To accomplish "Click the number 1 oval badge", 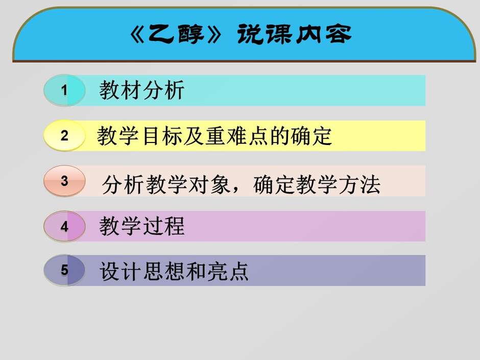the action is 64,90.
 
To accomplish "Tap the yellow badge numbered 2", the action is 64,135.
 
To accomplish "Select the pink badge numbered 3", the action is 64,181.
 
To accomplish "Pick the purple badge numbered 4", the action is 64,226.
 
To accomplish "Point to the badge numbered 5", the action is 64,270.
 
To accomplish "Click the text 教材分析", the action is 141,90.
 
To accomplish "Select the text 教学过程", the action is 142,226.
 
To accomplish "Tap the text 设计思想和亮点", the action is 174,271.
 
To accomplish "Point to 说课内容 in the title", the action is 294,34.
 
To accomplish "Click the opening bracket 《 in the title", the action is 138,34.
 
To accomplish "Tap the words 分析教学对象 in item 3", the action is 166,184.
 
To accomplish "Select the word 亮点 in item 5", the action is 227,271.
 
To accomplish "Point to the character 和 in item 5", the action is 196,271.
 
